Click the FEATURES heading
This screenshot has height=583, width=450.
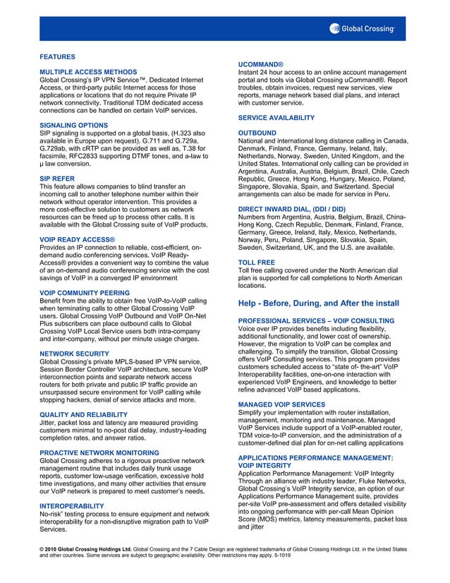pyautogui.click(x=57, y=56)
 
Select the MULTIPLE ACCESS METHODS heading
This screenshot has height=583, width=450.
pyautogui.click(x=88, y=72)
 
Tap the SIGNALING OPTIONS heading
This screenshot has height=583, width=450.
pyautogui.click(x=74, y=125)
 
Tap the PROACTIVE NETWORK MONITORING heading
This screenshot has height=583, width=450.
pyautogui.click(x=99, y=451)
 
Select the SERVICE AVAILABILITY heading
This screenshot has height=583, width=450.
pyautogui.click(x=276, y=117)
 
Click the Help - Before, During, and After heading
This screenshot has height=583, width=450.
pyautogui.click(x=319, y=303)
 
